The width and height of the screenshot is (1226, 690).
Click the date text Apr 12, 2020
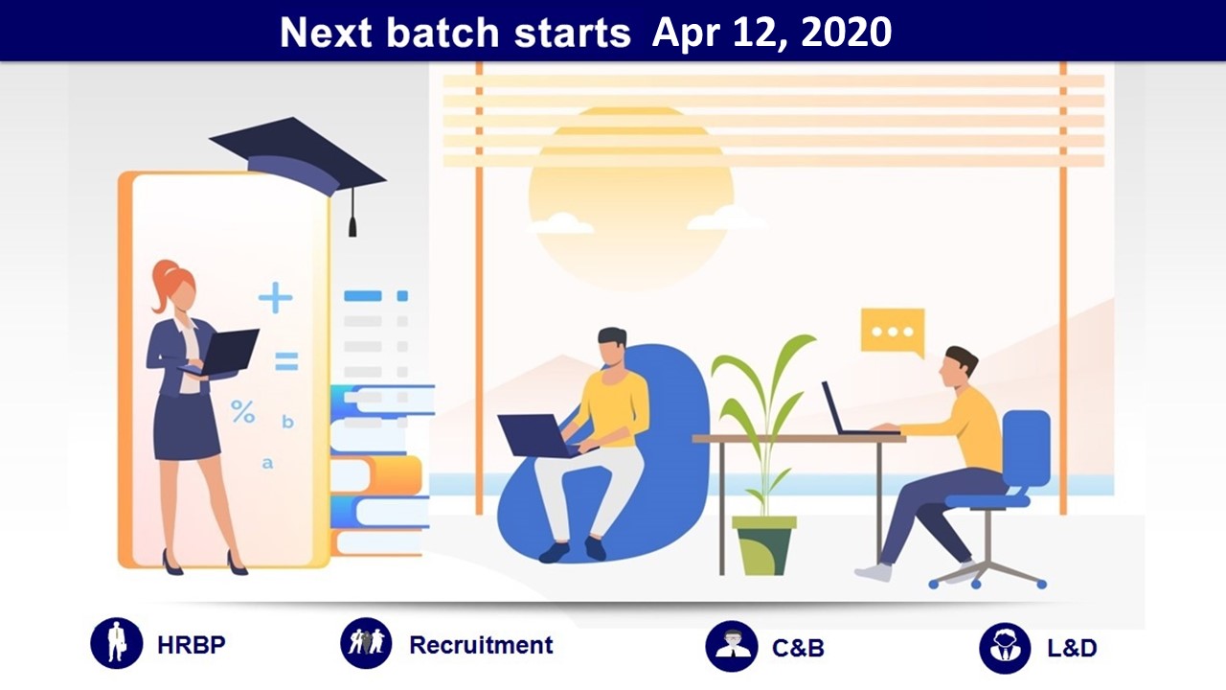772,33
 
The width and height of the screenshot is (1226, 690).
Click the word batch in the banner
443,33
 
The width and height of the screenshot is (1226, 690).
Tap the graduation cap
298,157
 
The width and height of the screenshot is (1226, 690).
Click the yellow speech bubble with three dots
893,332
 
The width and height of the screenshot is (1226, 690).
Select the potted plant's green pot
764,545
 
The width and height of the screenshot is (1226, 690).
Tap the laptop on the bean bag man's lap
539,436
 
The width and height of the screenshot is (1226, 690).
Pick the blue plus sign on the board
275,297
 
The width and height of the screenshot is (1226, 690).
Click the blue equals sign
286,361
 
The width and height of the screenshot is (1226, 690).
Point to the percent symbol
242,412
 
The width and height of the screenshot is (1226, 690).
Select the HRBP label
191,645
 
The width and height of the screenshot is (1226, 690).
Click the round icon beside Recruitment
366,643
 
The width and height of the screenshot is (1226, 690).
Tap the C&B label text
798,648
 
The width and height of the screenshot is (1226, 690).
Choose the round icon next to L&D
1005,648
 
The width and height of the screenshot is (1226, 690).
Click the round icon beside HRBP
117,643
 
